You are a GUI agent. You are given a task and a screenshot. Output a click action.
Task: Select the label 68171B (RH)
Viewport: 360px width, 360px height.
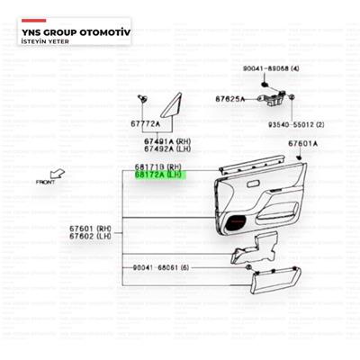pyautogui.click(x=158, y=167)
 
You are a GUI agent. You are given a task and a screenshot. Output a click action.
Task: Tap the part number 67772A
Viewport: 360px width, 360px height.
pyautogui.click(x=144, y=123)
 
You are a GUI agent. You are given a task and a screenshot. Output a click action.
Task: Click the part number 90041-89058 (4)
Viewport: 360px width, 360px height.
pyautogui.click(x=271, y=68)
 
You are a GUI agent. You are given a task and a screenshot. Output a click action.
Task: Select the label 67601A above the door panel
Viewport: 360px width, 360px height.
pyautogui.click(x=302, y=143)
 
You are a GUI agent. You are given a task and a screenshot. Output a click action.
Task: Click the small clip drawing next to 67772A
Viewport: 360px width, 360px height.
pyautogui.click(x=142, y=98)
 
